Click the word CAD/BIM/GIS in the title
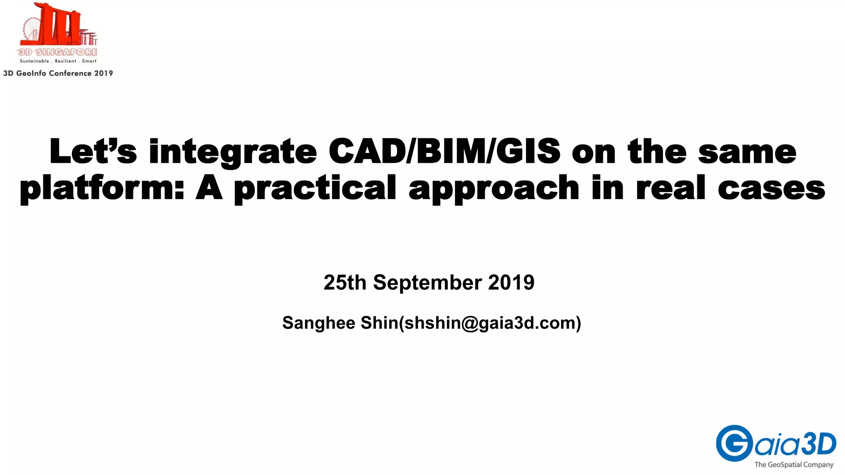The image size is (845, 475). click(444, 151)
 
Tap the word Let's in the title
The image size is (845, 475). click(93, 151)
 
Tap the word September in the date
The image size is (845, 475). click(427, 283)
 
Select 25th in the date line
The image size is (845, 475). click(345, 283)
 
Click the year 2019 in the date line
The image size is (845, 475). click(511, 283)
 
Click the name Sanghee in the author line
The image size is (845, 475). click(319, 323)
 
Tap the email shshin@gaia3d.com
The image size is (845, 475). click(490, 323)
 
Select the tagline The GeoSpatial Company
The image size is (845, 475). click(793, 465)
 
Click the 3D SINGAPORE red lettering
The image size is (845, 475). click(58, 52)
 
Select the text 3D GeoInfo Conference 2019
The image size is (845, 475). click(58, 73)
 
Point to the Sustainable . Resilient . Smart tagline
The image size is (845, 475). click(58, 61)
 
